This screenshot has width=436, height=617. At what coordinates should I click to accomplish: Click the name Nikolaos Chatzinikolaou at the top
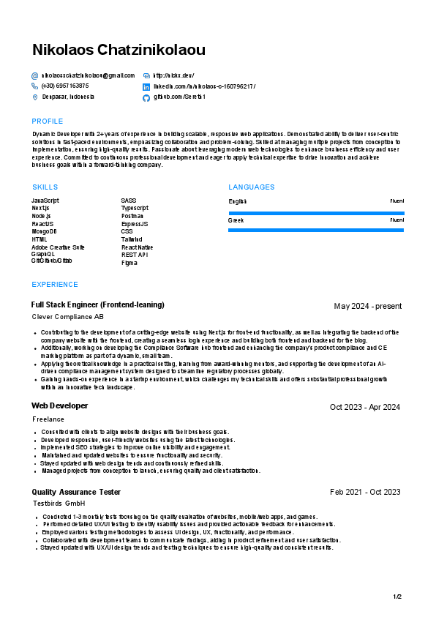click(x=119, y=51)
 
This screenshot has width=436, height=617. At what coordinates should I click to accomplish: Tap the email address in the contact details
click(x=89, y=75)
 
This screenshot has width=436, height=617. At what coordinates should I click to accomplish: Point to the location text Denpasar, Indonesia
click(x=68, y=97)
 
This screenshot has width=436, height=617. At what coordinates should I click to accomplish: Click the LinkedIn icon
click(x=146, y=86)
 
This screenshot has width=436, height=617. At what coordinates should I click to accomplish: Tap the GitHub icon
click(x=146, y=97)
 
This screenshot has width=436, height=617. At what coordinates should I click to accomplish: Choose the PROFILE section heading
click(x=48, y=121)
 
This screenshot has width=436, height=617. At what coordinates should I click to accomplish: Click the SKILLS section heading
click(x=45, y=187)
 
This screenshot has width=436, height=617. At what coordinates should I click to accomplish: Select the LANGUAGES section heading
click(x=251, y=187)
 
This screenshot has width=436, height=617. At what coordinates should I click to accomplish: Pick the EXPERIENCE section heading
click(x=55, y=285)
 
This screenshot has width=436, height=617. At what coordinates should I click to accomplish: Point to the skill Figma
click(x=129, y=263)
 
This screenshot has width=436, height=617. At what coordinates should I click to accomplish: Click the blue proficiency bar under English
click(x=316, y=214)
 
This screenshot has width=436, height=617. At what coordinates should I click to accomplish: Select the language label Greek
click(x=236, y=220)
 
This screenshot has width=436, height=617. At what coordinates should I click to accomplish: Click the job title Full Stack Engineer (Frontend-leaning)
click(x=98, y=304)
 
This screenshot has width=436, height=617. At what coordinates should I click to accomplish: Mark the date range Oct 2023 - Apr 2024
click(x=365, y=407)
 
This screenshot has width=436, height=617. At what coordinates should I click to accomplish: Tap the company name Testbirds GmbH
click(x=59, y=504)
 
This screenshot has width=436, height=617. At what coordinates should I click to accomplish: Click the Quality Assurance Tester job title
click(x=76, y=492)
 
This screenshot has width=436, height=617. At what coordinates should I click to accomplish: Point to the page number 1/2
click(x=397, y=597)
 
